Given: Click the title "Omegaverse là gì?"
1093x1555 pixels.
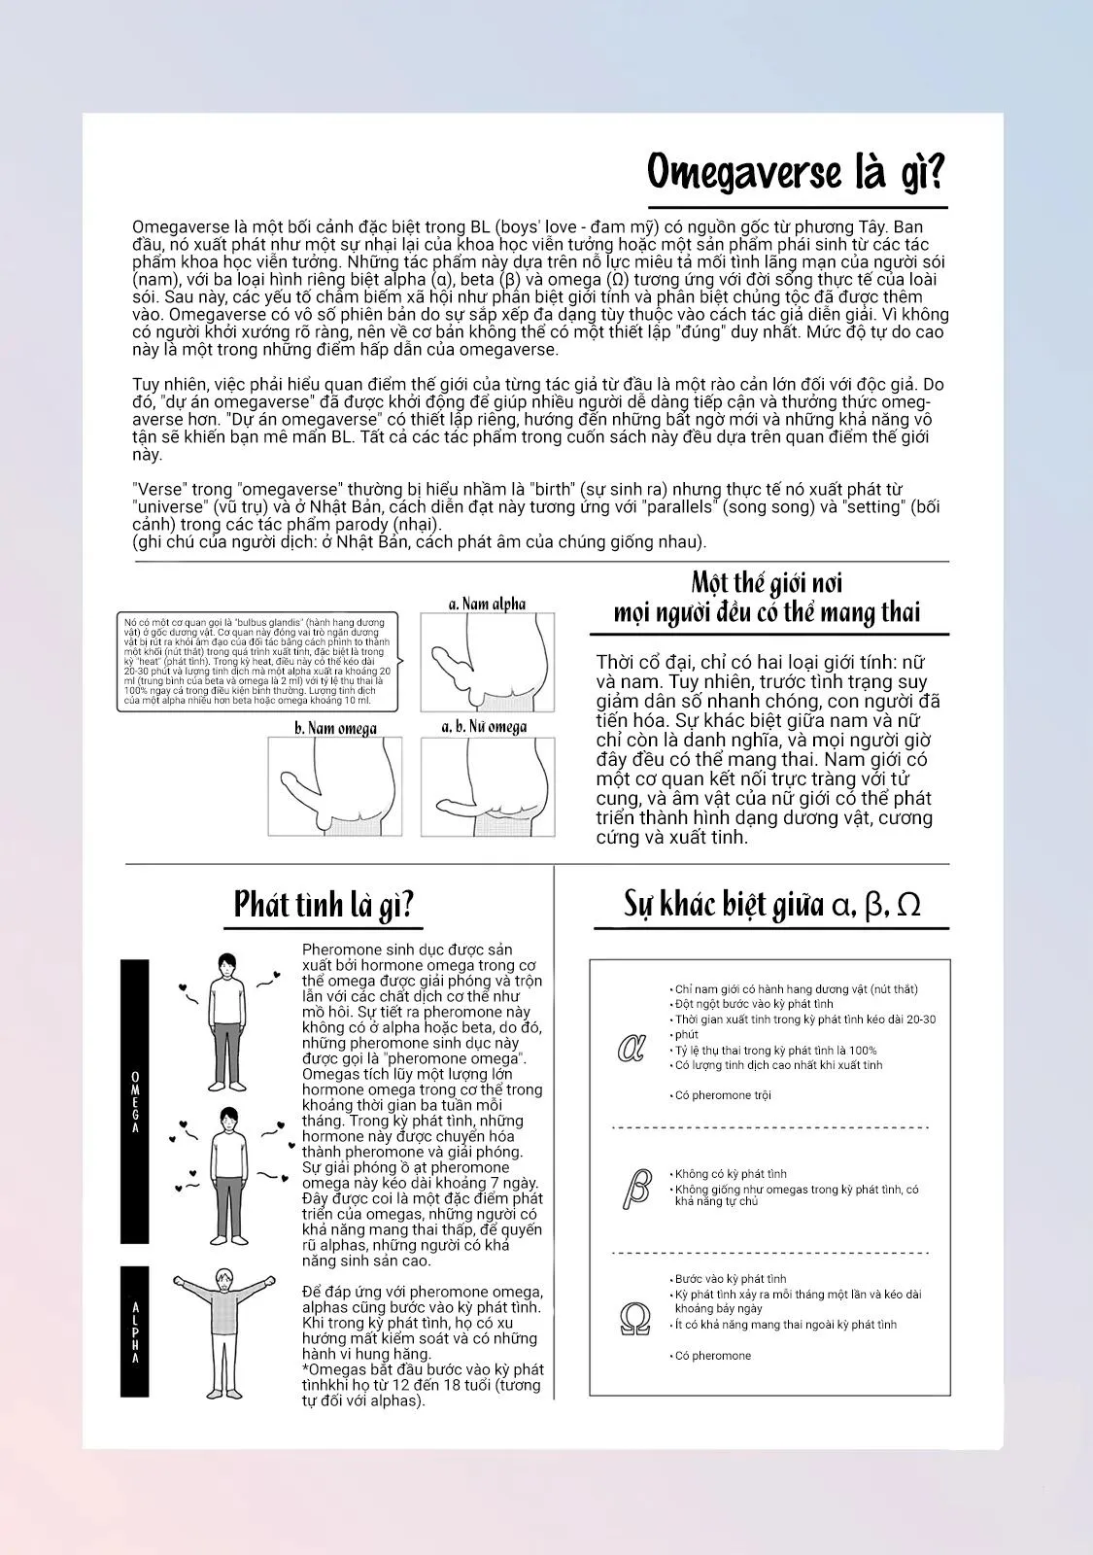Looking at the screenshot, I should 796,173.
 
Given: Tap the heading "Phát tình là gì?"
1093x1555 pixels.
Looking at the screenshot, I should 324,905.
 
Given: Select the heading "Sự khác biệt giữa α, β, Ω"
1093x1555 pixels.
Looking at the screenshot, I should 771,904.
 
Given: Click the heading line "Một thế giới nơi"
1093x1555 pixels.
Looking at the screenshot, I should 767,583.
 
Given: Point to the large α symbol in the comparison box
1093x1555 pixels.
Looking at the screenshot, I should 632,1049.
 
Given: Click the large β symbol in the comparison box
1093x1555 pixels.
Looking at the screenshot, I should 636,1187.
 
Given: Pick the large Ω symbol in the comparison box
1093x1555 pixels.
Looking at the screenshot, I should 634,1319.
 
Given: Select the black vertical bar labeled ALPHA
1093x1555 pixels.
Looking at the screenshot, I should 135,1331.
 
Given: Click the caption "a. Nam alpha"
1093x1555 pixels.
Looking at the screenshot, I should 487,604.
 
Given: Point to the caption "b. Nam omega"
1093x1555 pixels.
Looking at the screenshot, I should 335,728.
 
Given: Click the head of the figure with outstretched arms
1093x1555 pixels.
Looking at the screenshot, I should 224,1281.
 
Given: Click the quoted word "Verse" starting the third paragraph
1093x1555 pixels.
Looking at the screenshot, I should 156,490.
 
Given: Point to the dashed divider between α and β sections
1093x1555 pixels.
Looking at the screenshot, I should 770,1127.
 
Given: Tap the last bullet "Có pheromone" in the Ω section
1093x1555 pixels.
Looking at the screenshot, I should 713,1356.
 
